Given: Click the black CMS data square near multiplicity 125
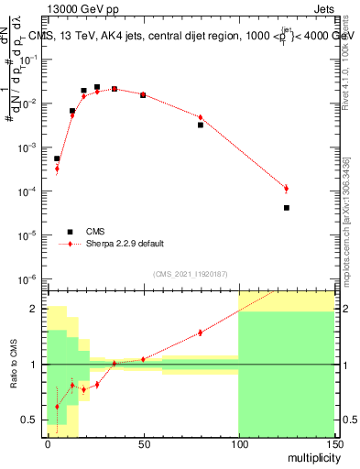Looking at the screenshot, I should [x=287, y=208].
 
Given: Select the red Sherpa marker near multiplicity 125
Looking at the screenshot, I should [x=287, y=189].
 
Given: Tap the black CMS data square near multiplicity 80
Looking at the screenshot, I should [x=201, y=125].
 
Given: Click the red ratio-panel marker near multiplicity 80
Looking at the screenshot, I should [x=201, y=333].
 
